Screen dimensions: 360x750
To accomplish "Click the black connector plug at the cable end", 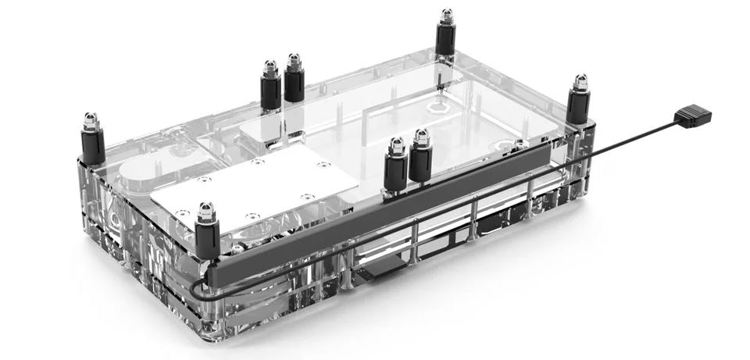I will coord(693,117).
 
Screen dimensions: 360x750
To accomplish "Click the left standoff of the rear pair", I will coord(270,89).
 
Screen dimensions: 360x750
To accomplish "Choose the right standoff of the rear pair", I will coord(295,83).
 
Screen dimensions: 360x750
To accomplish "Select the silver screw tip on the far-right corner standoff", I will coord(580,81).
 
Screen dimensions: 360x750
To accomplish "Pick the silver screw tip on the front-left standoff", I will coord(205,209).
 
